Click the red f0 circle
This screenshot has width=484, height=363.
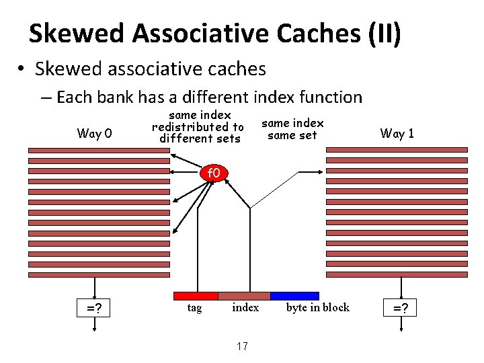(x=214, y=173)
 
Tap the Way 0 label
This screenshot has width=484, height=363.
(x=93, y=133)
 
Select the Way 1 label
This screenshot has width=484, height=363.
(x=397, y=133)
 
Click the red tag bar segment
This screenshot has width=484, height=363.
(x=196, y=296)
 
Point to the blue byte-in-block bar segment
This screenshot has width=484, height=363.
(x=294, y=296)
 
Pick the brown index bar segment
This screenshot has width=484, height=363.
(x=244, y=296)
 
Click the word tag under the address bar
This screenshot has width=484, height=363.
(x=194, y=308)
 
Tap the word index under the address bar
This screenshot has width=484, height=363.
(x=245, y=308)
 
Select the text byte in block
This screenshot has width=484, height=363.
(x=318, y=308)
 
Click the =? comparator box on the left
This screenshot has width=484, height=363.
(x=93, y=309)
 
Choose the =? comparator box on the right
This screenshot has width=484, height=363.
(x=401, y=309)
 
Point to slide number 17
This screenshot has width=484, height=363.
(x=242, y=346)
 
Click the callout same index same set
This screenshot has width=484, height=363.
(x=292, y=129)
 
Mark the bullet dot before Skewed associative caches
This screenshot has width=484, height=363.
(x=22, y=69)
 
